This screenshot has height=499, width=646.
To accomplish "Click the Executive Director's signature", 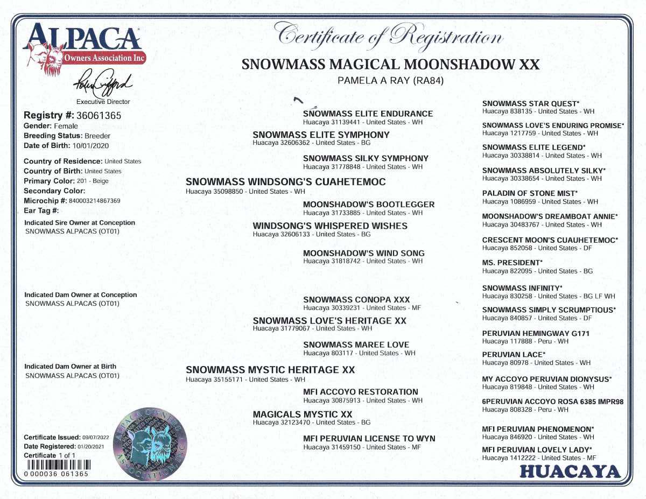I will (103, 84).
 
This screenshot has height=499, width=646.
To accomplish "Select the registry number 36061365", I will (98, 115).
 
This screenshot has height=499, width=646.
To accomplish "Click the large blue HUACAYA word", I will (570, 472).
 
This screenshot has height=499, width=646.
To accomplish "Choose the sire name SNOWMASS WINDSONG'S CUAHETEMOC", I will (285, 182).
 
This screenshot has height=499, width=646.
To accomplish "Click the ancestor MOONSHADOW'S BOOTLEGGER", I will (369, 205).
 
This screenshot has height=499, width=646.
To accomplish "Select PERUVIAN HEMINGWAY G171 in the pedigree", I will (536, 334).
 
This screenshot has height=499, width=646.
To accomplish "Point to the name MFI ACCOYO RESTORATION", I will (360, 392).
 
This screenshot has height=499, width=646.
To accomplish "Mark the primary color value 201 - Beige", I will (93, 181).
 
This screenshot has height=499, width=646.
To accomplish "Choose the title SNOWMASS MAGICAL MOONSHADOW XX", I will (390, 65).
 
